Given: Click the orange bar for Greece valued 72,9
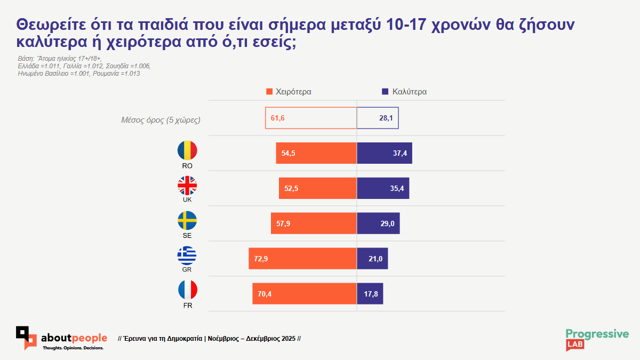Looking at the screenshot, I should (302, 259).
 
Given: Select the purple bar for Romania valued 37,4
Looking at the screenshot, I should (384, 153).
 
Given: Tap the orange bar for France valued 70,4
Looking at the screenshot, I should (305, 294).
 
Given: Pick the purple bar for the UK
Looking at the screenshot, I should (383, 188).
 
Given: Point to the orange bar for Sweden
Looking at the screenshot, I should (314, 223).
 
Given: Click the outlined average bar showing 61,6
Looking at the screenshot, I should (311, 118).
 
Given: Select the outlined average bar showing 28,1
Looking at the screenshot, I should (378, 118).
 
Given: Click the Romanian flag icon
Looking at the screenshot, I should (187, 150).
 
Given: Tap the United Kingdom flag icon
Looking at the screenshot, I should (187, 186).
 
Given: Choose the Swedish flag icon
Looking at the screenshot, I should (187, 221).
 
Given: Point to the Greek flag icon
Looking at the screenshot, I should (187, 256).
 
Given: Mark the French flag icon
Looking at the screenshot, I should (187, 291).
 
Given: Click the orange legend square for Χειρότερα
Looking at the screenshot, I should (269, 92).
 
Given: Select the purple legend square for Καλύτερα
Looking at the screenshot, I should (385, 92).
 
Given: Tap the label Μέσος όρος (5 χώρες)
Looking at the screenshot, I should (161, 119).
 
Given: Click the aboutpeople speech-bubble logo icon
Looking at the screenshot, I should (26, 338).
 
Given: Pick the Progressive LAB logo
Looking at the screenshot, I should (597, 339).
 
